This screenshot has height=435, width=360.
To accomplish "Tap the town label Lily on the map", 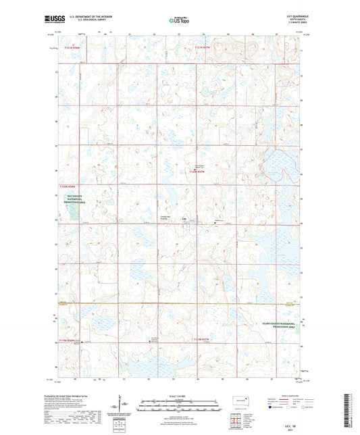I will tap(183, 220).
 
